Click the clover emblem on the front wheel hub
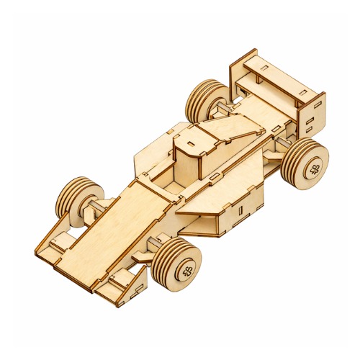point(186,271)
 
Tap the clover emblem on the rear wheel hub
point(315,170)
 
